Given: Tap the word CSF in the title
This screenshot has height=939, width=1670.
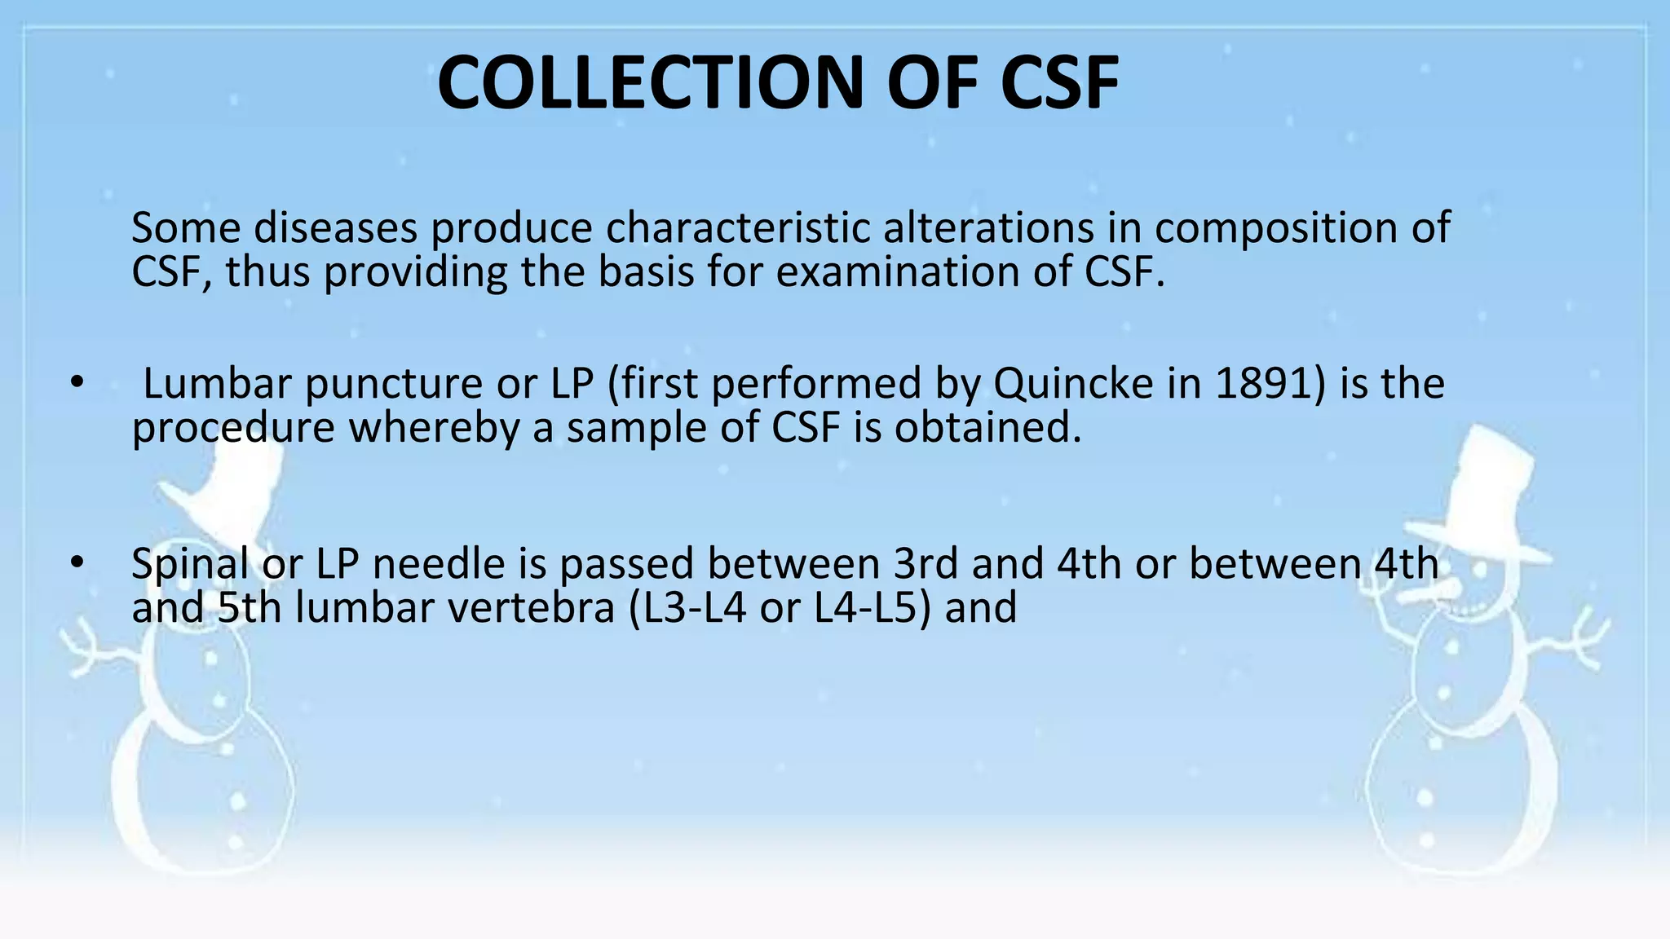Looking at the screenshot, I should [x=1059, y=83].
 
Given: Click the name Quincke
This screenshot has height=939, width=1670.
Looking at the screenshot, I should [x=1073, y=384].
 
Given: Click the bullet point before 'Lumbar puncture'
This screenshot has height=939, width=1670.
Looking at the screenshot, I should [x=77, y=382].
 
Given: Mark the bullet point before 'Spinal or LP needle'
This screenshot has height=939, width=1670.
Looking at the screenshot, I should [x=77, y=562].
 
